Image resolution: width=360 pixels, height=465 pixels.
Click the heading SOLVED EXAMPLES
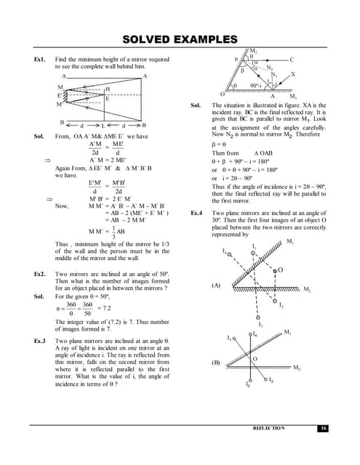180,39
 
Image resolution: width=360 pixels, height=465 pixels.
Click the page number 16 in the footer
323,429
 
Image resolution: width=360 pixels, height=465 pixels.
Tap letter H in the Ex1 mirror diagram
107,89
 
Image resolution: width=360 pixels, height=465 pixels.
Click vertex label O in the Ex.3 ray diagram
222,94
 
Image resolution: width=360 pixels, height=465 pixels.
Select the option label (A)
216,286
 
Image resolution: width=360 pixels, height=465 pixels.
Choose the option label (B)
216,361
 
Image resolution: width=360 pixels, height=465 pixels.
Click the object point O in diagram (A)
280,270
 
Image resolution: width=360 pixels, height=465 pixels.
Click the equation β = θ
219,145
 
